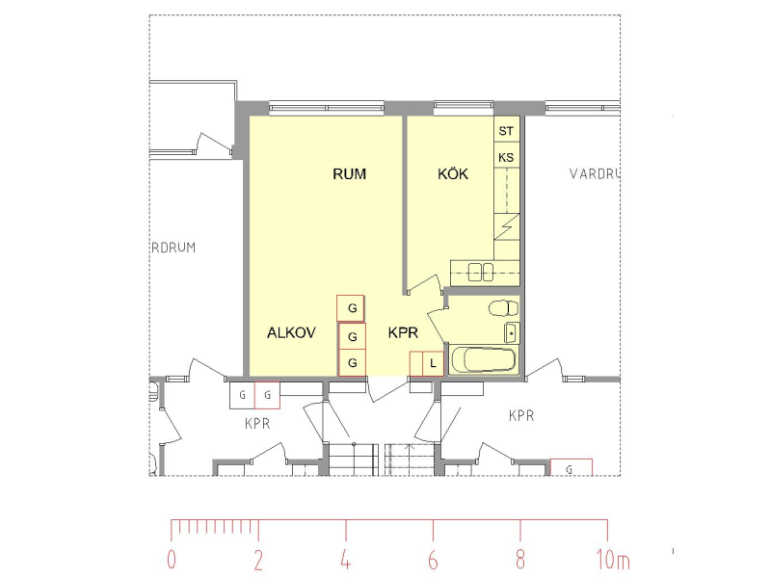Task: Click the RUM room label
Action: point(349,174)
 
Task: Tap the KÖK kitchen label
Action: point(453,173)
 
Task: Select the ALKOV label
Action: point(291,332)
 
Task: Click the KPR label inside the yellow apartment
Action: point(403,332)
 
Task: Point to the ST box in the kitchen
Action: point(507,130)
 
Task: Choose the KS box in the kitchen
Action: point(507,156)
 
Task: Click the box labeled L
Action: point(433,364)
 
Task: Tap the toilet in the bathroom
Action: point(503,308)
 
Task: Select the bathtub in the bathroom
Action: point(484,359)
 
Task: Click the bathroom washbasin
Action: point(512,332)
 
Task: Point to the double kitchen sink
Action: point(480,272)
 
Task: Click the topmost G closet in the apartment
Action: point(351,308)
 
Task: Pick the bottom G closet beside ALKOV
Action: point(353,363)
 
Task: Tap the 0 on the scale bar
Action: point(172,560)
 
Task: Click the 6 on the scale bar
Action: point(433,560)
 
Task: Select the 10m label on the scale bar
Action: point(613,560)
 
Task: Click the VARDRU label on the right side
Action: point(595,173)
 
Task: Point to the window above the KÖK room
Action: point(464,105)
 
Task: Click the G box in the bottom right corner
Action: point(571,467)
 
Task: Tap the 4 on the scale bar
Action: point(346,560)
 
